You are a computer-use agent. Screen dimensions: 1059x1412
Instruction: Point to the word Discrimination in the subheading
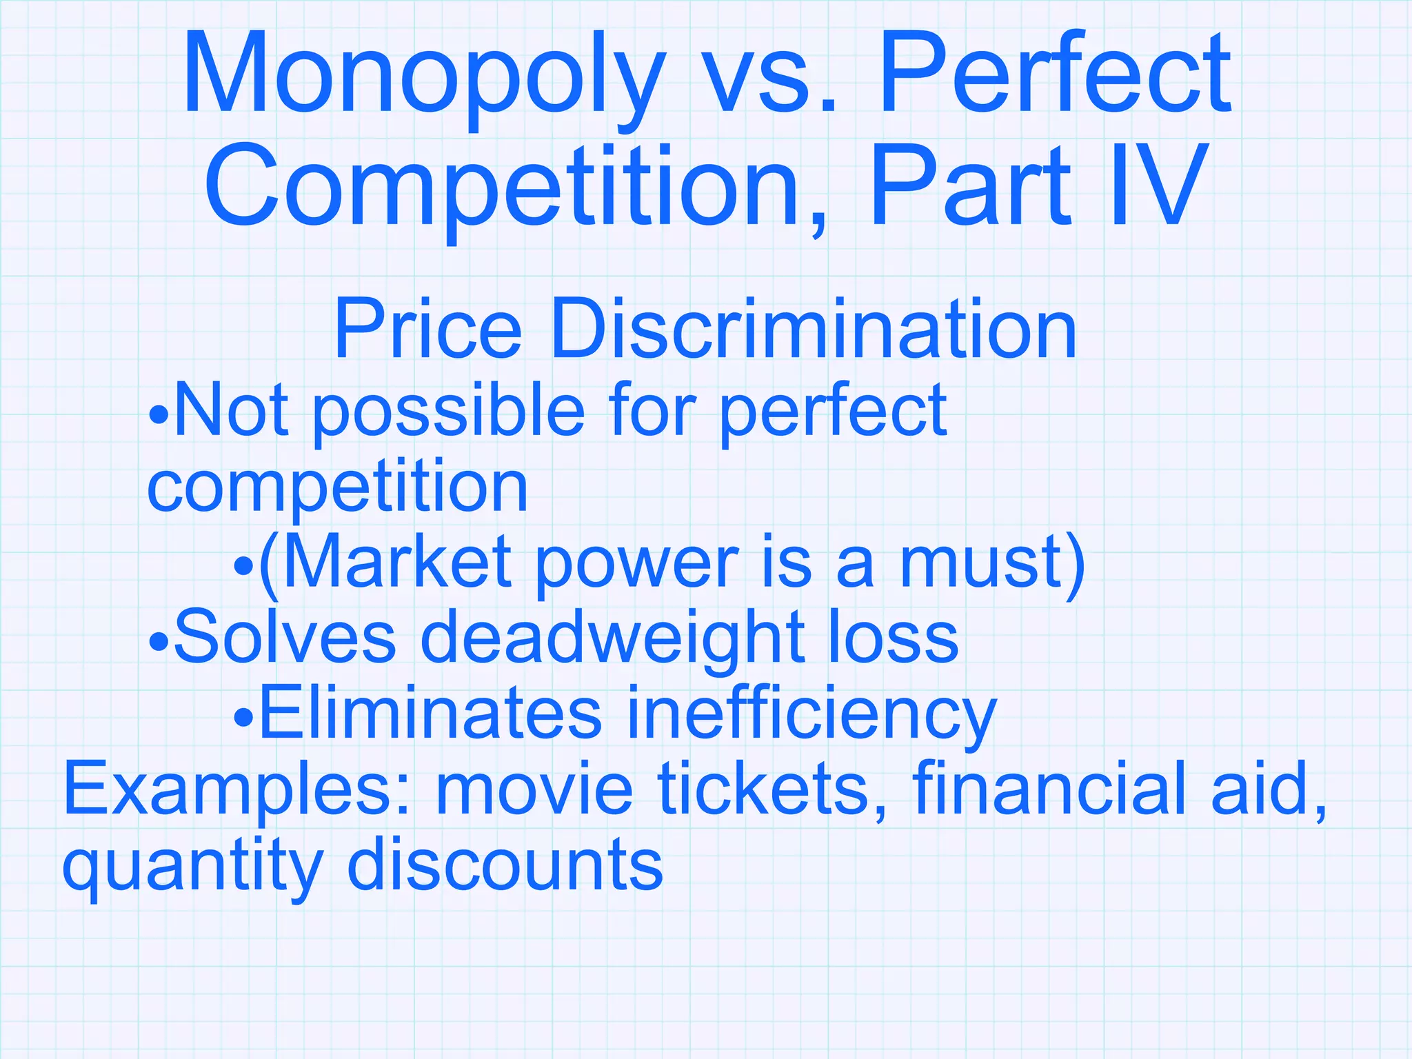tap(814, 330)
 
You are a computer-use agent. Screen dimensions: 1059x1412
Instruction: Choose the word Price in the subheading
tap(427, 330)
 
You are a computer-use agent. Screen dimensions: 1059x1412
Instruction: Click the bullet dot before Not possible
tap(158, 416)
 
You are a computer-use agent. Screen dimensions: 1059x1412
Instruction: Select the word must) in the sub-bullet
tap(993, 564)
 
